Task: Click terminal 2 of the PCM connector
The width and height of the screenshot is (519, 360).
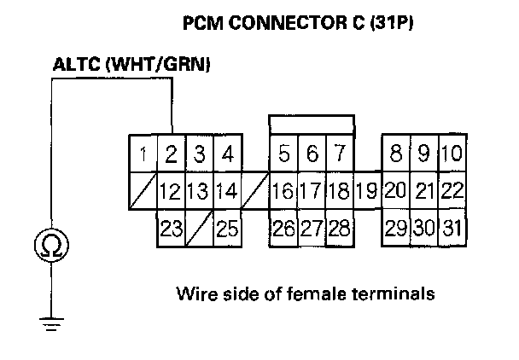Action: coord(172,155)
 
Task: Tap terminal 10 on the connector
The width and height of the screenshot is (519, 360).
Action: coord(452,154)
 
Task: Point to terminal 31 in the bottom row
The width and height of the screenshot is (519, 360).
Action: coord(452,228)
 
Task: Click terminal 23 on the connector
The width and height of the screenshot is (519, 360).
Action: coord(172,228)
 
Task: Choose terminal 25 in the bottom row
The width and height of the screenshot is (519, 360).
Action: coord(226,228)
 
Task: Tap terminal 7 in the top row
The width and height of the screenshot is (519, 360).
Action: coord(339,154)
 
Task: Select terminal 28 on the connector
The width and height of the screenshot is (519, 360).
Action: coord(339,228)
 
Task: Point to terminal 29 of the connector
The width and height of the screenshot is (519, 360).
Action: coord(396,228)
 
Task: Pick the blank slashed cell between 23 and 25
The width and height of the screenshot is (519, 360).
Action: coord(199,228)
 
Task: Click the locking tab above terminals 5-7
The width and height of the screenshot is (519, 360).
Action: coord(312,125)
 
